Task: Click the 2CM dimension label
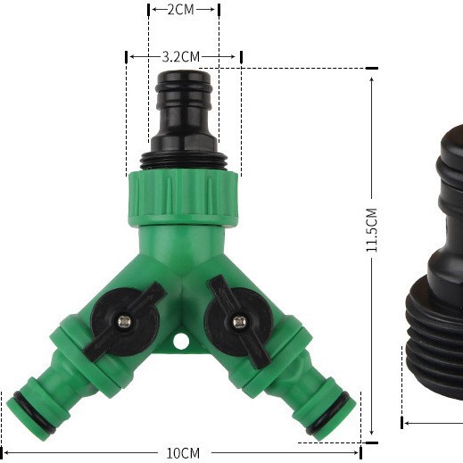point(183,9)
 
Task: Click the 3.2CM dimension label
point(184,56)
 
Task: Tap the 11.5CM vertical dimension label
point(372,231)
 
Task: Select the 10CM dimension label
point(183,452)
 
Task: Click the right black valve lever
point(236,320)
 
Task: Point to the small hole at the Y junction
point(182,341)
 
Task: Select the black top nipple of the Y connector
point(184,112)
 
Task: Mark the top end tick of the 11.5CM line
point(371,69)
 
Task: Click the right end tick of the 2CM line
point(219,9)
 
